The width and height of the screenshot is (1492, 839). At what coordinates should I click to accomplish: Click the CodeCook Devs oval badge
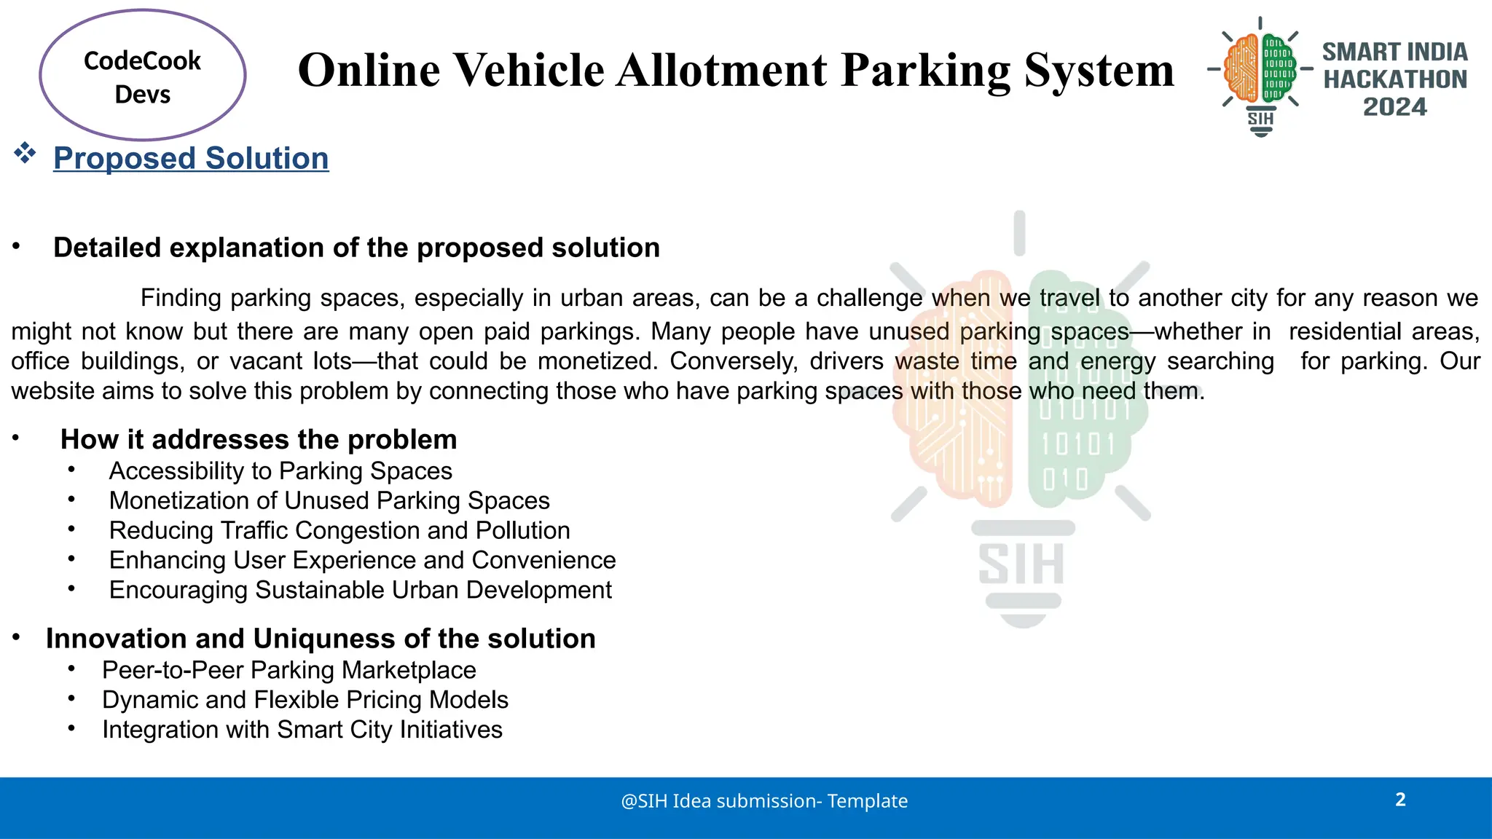(143, 76)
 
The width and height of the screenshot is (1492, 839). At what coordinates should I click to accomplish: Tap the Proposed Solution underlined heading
(191, 158)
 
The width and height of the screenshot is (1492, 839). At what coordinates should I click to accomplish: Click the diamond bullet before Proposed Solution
(25, 154)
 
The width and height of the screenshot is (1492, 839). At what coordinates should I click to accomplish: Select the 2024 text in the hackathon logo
(1394, 107)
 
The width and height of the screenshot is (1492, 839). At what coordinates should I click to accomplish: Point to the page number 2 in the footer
(1400, 800)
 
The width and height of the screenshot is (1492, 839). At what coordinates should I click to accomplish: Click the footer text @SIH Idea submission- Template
(764, 801)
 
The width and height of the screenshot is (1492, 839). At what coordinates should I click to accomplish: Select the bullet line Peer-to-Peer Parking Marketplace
(288, 670)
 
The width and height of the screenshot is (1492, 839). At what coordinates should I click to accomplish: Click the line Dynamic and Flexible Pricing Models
(305, 700)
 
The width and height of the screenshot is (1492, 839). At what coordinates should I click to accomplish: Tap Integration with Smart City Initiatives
(302, 730)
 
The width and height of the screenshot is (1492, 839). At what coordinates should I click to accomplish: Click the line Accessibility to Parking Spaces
(280, 471)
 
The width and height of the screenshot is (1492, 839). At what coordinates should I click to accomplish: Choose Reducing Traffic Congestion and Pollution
(339, 531)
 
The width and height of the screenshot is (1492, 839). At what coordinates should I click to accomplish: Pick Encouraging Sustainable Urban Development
(360, 590)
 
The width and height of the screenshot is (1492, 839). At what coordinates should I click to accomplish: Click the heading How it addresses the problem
(259, 440)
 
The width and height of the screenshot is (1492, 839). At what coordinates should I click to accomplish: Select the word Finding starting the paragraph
(181, 298)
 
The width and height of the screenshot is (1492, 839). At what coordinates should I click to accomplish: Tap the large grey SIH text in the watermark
(1021, 564)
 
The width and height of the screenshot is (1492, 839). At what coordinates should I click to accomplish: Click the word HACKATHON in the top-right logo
(1394, 79)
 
